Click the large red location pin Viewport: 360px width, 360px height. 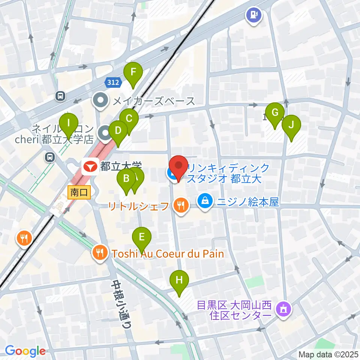click(x=178, y=167)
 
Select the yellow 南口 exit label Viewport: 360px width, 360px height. click(x=79, y=193)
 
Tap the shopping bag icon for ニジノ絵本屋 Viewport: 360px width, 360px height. click(x=205, y=202)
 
